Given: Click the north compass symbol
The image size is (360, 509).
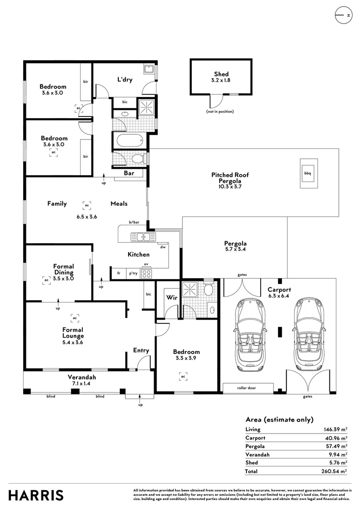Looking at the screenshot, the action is coord(344,15).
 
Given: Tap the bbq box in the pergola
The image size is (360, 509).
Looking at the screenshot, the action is coord(308,173).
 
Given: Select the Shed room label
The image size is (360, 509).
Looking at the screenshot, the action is coord(221,74).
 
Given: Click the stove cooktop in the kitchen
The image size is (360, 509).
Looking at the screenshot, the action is coord(146,273).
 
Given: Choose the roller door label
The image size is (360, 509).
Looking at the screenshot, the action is coord(246,387).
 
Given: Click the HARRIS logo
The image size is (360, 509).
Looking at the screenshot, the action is coord(36,495).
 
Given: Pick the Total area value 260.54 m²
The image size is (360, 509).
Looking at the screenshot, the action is coord(334,471).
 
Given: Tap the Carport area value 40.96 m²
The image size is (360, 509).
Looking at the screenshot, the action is coord(336,438).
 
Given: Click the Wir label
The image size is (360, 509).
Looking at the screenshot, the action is coord(172,297).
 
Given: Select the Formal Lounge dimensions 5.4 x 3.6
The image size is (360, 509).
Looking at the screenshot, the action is coord(73,342).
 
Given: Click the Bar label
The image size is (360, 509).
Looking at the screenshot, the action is coord(129,173).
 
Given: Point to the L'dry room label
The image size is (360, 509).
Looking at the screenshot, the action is coord(125,79).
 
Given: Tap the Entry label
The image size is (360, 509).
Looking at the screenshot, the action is coord(141,350).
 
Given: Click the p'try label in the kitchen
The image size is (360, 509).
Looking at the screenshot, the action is coord(133,273).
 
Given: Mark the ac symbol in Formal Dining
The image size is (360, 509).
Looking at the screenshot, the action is coord(47,280).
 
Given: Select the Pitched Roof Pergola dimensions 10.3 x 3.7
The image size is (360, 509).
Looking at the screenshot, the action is coord(230,187).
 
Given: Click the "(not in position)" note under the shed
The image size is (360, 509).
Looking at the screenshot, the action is coord(220,111).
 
